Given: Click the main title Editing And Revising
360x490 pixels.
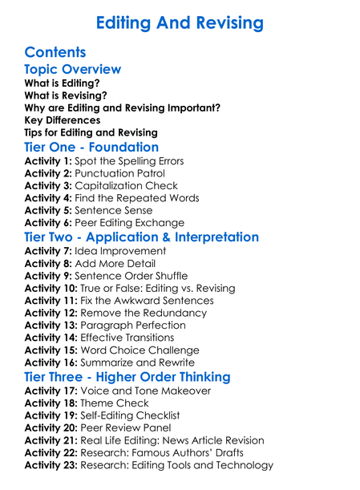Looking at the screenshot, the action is pyautogui.click(x=180, y=22).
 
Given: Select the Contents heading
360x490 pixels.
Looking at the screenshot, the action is pyautogui.click(x=55, y=53).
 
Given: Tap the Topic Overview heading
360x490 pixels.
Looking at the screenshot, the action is pyautogui.click(x=73, y=70).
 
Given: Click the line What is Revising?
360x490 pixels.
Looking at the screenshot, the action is pyautogui.click(x=66, y=95).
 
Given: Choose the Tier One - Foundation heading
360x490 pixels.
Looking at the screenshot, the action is pyautogui.click(x=91, y=147).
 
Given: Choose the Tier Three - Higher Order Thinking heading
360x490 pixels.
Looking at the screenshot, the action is pyautogui.click(x=127, y=377).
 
